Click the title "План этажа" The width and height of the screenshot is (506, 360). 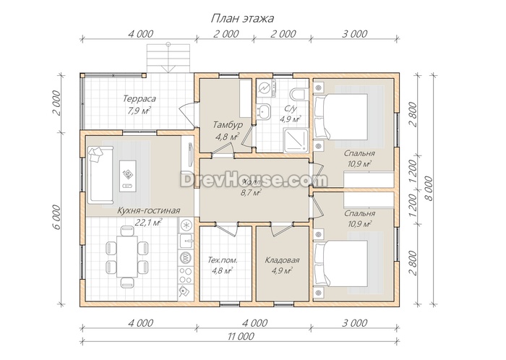(242, 18)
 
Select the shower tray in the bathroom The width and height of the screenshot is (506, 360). (296, 141)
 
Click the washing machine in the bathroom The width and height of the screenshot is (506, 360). (267, 89)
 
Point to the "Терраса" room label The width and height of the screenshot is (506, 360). (139, 98)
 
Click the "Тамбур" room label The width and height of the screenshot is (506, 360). (228, 124)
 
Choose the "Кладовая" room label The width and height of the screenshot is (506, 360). (282, 260)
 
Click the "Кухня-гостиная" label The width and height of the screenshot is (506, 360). (148, 210)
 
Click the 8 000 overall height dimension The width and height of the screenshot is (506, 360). (429, 188)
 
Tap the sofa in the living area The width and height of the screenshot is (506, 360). (100, 175)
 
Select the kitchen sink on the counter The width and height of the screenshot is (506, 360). (186, 240)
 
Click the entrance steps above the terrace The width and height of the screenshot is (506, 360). (168, 59)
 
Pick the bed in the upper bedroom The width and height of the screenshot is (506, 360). (341, 117)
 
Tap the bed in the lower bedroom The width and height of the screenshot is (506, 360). (341, 264)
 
